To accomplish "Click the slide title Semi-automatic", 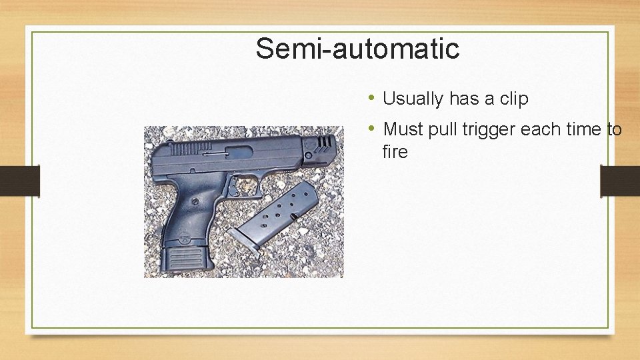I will pos(357,49).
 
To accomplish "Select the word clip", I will pos(513,99).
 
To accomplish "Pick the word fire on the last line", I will pos(395,152).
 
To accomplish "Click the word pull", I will pos(439,129).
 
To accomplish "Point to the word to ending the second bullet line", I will pos(614,129).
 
